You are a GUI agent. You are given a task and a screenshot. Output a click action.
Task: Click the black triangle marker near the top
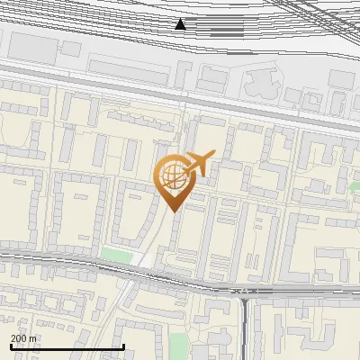[181, 24]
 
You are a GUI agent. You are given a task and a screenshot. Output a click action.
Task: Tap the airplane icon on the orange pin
[200, 165]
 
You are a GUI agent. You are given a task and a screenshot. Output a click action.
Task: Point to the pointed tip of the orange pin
[174, 210]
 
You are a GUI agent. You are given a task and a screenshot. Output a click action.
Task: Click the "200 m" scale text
[23, 338]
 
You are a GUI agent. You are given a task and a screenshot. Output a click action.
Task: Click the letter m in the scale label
[33, 338]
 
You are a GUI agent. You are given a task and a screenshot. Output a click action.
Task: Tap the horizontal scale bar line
[67, 346]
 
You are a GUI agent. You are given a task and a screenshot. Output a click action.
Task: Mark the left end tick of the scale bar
[12, 345]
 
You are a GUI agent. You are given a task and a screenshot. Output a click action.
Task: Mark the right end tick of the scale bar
[123, 345]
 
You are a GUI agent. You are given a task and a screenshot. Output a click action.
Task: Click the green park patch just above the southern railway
[116, 255]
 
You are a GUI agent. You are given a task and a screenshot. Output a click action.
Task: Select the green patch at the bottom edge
[178, 346]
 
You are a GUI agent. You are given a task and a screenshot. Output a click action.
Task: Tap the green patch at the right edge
[355, 186]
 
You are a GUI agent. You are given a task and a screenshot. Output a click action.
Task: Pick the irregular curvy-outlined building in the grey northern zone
[258, 84]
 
